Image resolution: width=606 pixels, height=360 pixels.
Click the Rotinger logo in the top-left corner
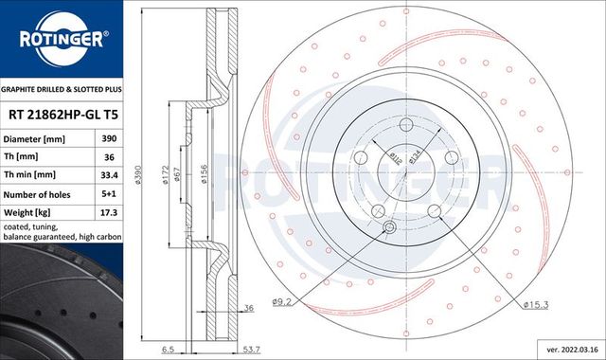pos(62,40)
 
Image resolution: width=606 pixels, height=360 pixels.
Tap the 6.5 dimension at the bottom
pos(167,351)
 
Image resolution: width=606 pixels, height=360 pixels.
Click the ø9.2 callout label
pos(283,302)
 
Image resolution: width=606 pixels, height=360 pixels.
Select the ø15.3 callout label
pos(536,303)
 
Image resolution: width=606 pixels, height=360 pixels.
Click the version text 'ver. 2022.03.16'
pos(565,350)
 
